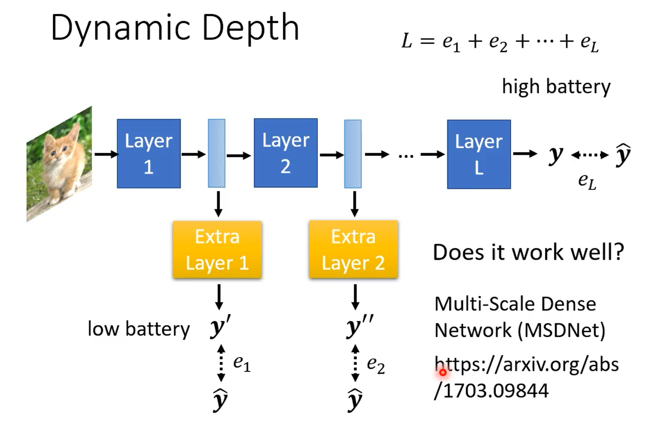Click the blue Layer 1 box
click(148, 153)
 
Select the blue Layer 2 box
click(285, 153)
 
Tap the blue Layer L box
click(479, 154)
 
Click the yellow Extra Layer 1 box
click(217, 250)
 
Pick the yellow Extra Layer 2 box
click(353, 250)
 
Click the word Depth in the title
click(250, 28)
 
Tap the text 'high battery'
click(556, 87)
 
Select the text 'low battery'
click(139, 329)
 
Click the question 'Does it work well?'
click(528, 252)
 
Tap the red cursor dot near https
click(443, 372)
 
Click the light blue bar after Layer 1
click(216, 153)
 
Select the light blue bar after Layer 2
click(353, 153)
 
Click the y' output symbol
click(219, 327)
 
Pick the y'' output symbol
click(359, 327)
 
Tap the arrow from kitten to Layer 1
click(107, 154)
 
